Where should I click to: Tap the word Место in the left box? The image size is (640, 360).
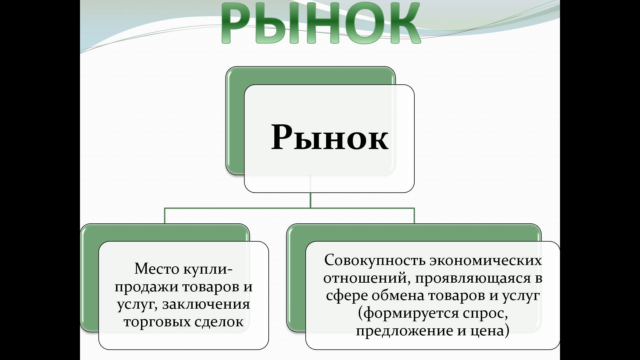pos(157,269)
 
